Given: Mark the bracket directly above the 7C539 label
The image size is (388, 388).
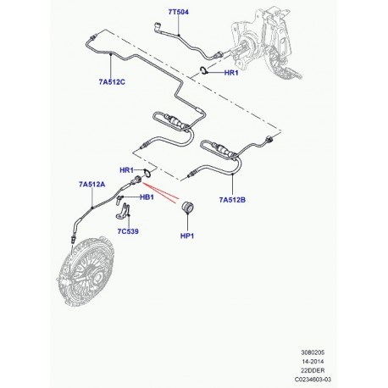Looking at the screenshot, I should click(124, 207).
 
